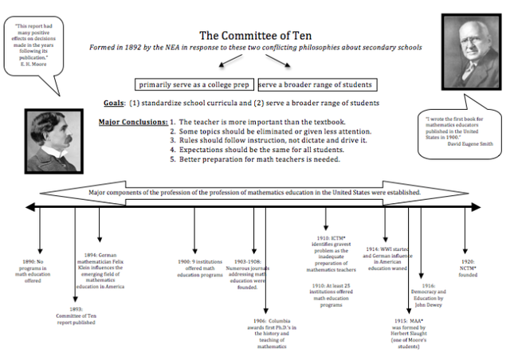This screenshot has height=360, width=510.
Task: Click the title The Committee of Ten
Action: (x=256, y=35)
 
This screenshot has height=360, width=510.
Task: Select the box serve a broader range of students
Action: (x=316, y=84)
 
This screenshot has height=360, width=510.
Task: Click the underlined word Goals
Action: (x=113, y=104)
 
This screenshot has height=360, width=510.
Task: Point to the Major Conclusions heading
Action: (x=132, y=122)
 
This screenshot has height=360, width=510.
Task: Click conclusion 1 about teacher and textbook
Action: (x=255, y=122)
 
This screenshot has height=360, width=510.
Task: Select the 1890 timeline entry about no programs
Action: (x=39, y=270)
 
